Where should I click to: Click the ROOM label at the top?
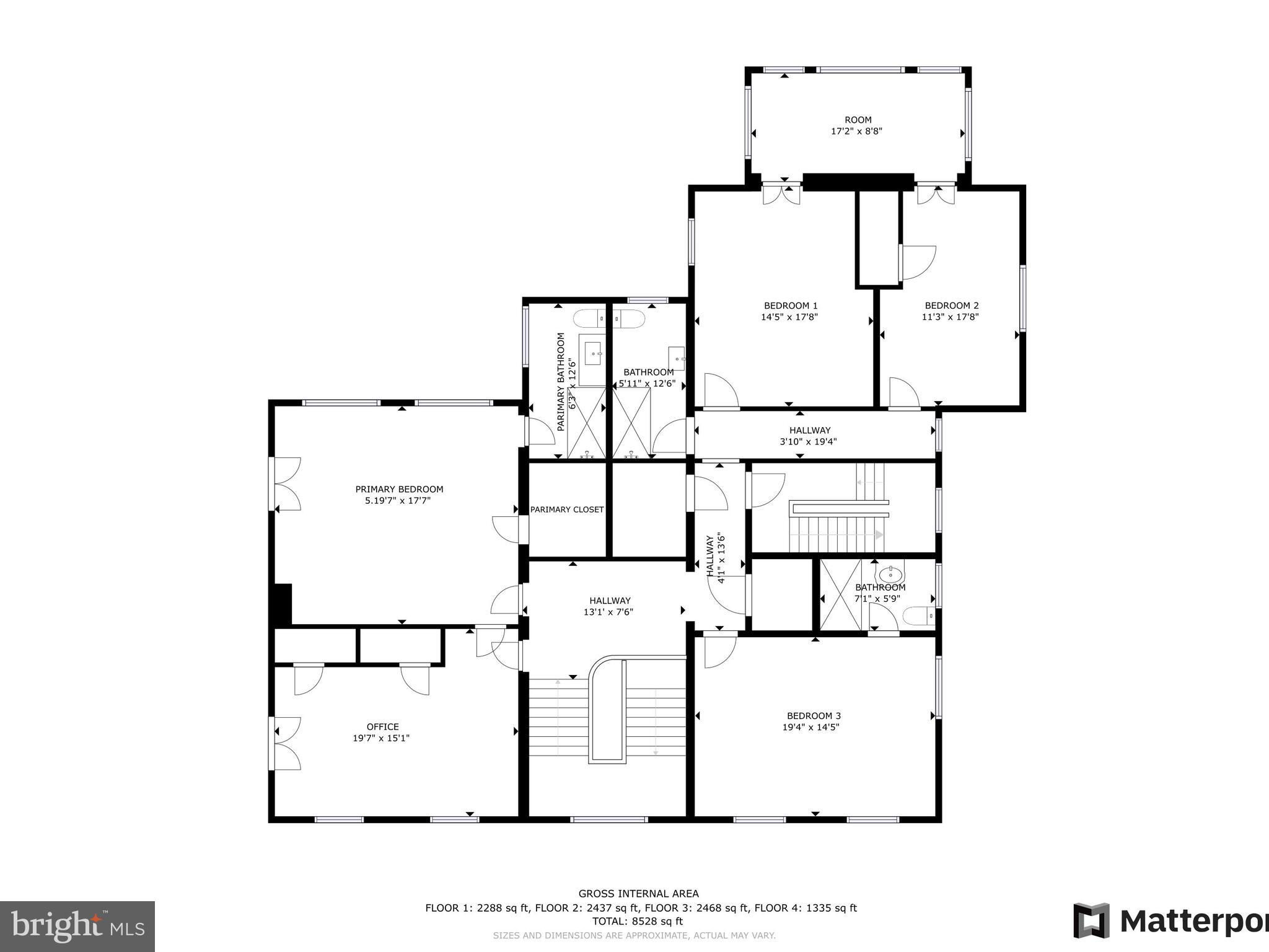pos(858,120)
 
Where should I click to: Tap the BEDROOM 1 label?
pos(791,306)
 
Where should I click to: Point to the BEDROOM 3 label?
pos(814,716)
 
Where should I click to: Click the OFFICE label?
pos(383,727)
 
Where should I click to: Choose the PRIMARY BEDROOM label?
pos(399,489)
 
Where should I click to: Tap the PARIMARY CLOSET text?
pos(567,509)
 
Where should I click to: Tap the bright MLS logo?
pos(77,927)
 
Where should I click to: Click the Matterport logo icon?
pos(1091,921)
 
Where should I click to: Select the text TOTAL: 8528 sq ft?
pos(638,921)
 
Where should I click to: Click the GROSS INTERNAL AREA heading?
pos(638,893)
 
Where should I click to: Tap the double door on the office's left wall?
pos(285,744)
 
